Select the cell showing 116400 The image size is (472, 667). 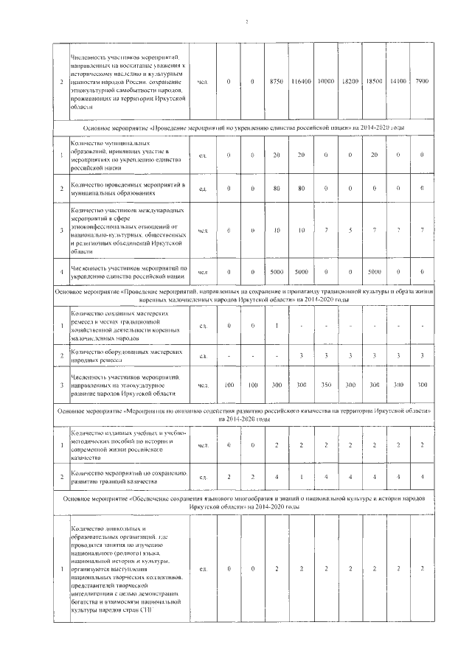click(x=300, y=80)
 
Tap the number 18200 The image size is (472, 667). click(x=350, y=80)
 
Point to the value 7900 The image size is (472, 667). click(x=423, y=80)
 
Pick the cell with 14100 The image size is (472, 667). click(x=398, y=80)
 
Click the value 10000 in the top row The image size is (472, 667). click(x=325, y=80)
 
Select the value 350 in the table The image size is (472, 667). click(x=325, y=385)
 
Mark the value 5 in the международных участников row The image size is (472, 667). click(x=350, y=231)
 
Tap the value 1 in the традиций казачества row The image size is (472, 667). click(x=301, y=477)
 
